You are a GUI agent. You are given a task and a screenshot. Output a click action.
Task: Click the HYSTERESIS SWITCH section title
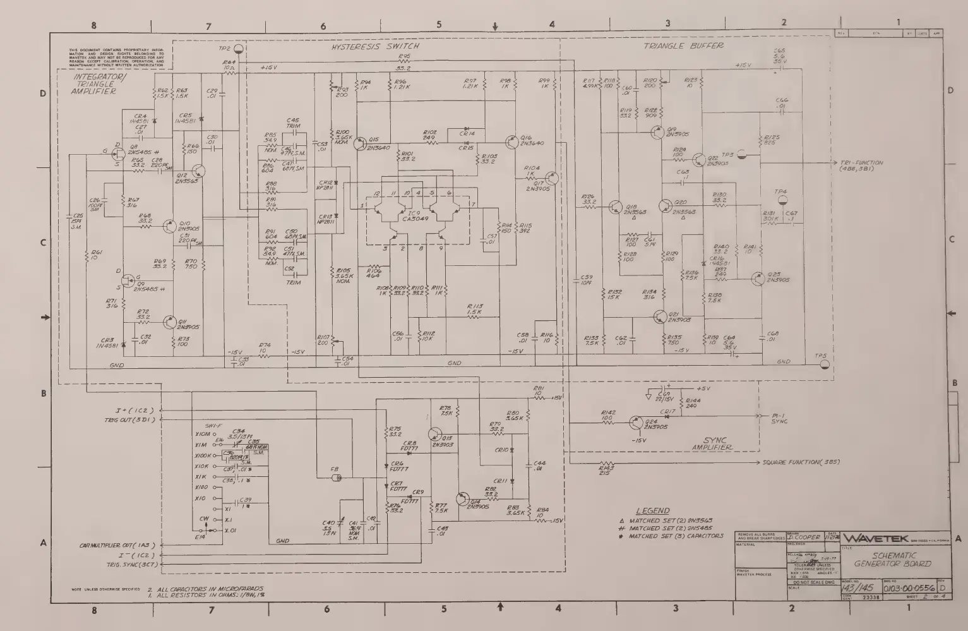coord(375,46)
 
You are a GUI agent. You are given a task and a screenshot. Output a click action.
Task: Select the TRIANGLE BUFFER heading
coord(683,46)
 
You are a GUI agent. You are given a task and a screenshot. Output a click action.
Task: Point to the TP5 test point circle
coord(823,366)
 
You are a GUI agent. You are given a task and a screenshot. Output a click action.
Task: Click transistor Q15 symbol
coord(361,143)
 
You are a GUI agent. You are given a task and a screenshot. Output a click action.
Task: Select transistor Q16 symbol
coord(511,143)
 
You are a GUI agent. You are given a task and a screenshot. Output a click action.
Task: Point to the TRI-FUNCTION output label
coord(861,165)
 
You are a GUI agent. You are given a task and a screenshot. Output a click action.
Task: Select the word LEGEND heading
coord(652,510)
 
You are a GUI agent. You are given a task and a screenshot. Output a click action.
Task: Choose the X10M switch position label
coord(203,435)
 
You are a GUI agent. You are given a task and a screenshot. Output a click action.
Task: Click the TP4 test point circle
coord(781,201)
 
